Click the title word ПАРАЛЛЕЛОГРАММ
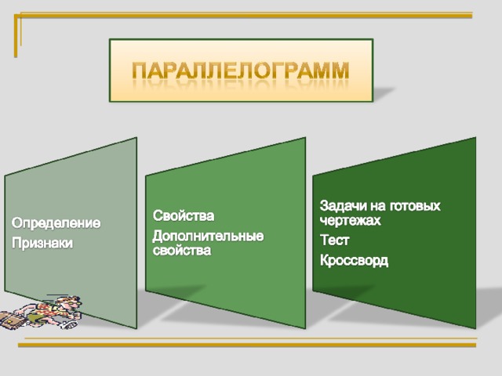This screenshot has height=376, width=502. pos(241,70)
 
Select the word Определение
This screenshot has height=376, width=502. pos(56,222)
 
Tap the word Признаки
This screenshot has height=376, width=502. pos(42,243)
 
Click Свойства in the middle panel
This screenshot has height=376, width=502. pos(184,215)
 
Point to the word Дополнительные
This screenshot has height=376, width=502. pos(208,237)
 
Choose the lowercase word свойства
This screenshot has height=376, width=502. pos(182,250)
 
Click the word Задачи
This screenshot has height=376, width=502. pos(344,205)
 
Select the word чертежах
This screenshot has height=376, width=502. pos(351,220)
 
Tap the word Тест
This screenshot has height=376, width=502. pos(334,240)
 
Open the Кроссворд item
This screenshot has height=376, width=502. pos(354,261)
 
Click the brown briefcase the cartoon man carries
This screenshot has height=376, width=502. pos(12,320)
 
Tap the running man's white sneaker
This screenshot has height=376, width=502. pos(70,325)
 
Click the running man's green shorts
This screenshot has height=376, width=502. pos(36,318)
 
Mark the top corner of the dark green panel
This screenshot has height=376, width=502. pos(476,138)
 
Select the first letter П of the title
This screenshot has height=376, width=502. pos(140,70)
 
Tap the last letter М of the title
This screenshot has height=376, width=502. pos(340,70)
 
